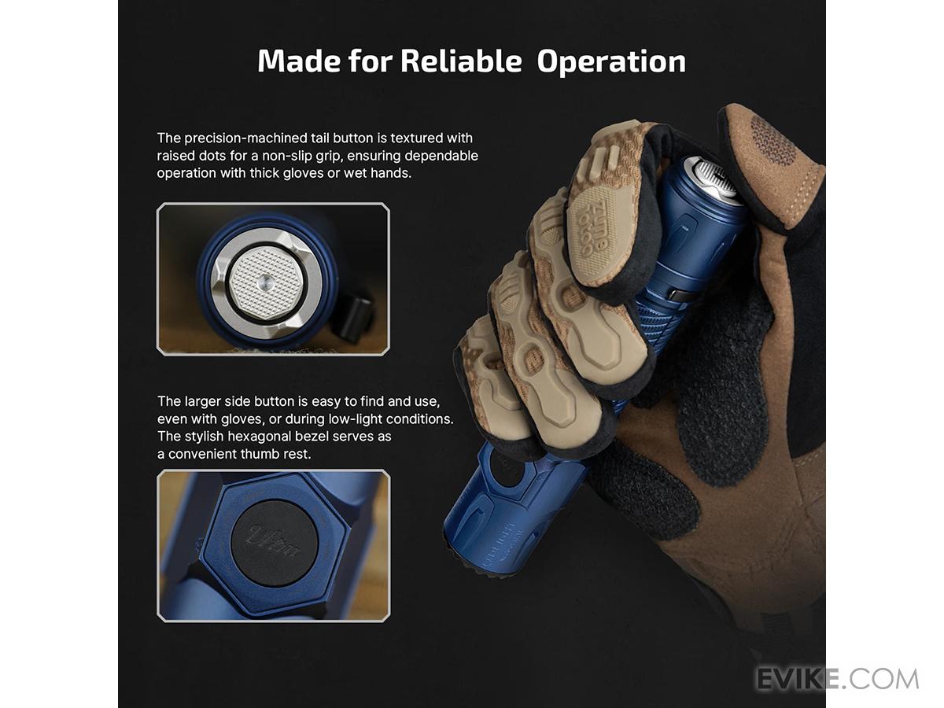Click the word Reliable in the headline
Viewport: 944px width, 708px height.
click(461, 61)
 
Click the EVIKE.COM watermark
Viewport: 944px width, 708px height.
click(838, 679)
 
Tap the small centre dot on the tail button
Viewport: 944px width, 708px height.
click(264, 282)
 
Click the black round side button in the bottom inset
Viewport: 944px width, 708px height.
click(275, 543)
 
